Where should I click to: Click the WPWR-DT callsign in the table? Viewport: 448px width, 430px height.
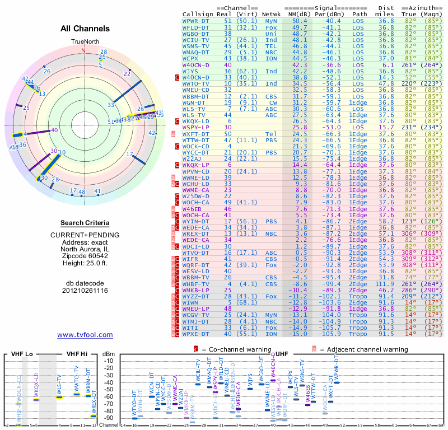point(196,21)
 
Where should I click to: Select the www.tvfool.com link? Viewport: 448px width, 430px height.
point(85,335)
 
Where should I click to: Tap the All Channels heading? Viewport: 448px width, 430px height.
point(85,28)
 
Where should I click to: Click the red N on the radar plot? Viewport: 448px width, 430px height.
point(84,50)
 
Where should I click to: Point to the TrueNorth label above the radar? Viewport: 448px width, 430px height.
point(85,42)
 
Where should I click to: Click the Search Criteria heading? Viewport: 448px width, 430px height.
point(85,223)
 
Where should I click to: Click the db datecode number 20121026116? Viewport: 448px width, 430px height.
point(85,290)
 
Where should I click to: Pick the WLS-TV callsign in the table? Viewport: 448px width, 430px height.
point(194,109)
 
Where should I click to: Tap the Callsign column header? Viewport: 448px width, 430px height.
point(198,13)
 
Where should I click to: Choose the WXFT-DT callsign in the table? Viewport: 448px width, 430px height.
point(196,134)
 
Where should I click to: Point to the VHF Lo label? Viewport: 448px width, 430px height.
point(22,353)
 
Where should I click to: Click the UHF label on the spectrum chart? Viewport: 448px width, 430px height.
point(283,353)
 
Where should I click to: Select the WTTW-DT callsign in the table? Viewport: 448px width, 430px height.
point(196,140)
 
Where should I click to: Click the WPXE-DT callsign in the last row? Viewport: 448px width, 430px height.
point(196,334)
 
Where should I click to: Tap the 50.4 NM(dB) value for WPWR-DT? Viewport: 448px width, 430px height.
point(298,21)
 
